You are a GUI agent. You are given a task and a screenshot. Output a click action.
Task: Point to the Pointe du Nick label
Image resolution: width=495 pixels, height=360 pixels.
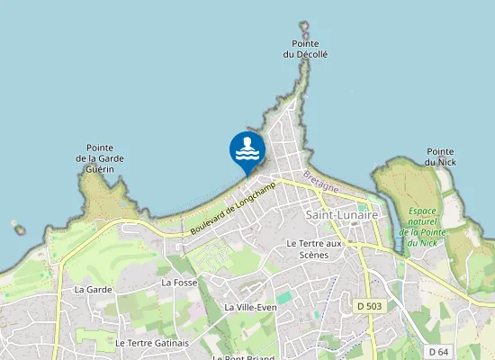click(x=440, y=157)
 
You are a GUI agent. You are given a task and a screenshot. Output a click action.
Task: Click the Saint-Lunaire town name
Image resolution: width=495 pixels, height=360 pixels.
click(x=342, y=215)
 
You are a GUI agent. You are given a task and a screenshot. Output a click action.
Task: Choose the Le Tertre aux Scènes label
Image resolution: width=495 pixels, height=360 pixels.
click(x=314, y=248)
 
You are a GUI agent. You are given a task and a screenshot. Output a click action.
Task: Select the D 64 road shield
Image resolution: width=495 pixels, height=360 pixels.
click(x=438, y=351)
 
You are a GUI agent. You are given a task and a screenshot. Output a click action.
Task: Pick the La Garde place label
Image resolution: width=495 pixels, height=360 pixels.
click(x=93, y=290)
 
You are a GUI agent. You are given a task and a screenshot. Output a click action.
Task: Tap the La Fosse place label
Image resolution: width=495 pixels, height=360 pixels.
click(x=179, y=283)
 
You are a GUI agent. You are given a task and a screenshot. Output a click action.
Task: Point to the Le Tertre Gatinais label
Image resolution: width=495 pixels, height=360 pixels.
click(x=152, y=343)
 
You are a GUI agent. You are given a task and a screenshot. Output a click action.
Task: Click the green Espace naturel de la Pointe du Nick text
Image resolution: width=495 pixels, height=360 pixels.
click(x=421, y=227)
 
